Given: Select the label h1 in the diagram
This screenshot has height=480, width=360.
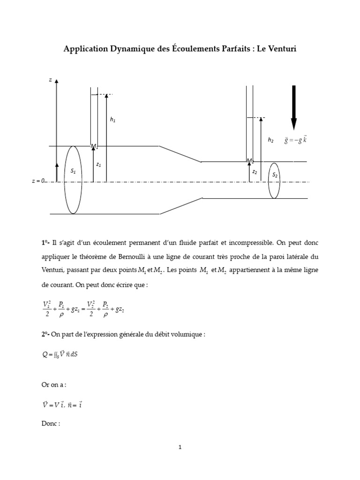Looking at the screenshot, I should [x=112, y=120].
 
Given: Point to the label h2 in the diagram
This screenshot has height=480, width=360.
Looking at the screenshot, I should [x=270, y=140].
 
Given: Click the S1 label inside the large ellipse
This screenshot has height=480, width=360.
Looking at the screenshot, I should [x=73, y=172].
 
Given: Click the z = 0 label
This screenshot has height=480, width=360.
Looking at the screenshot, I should [x=37, y=181].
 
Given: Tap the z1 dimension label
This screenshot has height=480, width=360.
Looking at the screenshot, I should [x=98, y=165].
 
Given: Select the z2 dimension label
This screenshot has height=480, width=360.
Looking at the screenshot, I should [x=255, y=172].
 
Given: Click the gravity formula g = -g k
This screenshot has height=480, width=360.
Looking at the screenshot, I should [x=295, y=140].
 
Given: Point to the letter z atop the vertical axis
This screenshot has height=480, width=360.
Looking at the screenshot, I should [x=50, y=80].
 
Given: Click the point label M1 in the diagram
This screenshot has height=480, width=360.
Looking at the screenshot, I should [x=94, y=147].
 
